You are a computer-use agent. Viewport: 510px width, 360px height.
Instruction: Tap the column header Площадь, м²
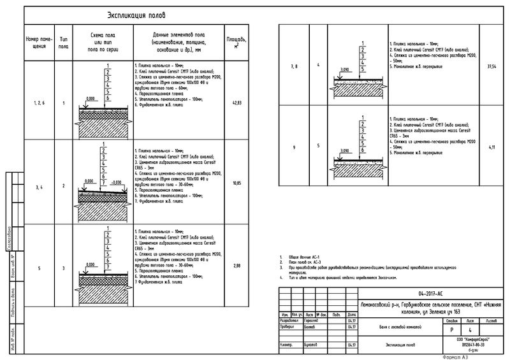click(x=237, y=43)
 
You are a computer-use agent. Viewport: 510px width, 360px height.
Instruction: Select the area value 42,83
click(x=237, y=103)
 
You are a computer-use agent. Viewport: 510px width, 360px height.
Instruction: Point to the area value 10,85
click(x=237, y=183)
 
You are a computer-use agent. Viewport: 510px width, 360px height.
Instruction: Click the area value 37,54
click(x=491, y=66)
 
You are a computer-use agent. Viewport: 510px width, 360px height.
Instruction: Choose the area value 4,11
click(x=491, y=147)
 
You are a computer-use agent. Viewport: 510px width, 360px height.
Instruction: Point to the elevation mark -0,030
click(x=116, y=182)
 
